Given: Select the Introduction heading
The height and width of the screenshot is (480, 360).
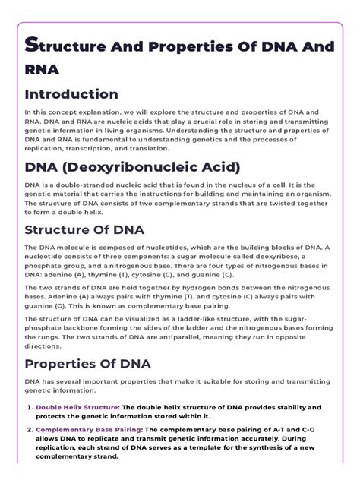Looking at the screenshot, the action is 71,94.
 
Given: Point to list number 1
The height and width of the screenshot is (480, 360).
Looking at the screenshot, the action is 30,406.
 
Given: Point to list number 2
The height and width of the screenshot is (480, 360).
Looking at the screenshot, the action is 30,430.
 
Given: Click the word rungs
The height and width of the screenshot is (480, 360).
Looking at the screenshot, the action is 62,335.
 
